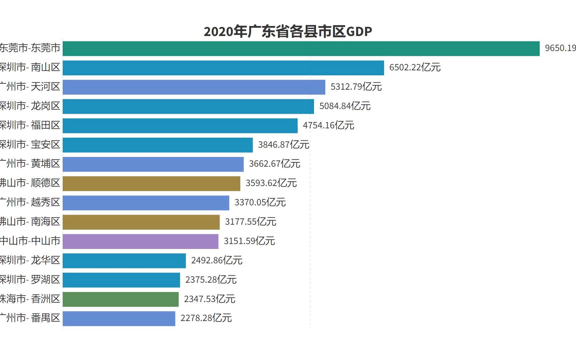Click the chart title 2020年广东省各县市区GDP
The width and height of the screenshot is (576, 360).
(288, 31)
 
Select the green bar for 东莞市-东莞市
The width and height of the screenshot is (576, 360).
(301, 49)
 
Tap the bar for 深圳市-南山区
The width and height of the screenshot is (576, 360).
(223, 68)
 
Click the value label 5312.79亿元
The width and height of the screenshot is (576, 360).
(356, 87)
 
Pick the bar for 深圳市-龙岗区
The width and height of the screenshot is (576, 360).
(188, 106)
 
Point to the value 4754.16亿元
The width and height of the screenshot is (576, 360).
(328, 125)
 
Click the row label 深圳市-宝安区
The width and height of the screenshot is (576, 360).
(30, 145)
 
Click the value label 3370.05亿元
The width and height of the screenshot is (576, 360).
(260, 202)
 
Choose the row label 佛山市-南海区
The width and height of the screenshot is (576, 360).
(30, 222)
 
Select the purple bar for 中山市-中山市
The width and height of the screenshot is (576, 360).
(140, 241)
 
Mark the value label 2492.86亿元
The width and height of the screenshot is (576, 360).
(217, 260)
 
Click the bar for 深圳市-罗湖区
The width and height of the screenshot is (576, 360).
(121, 280)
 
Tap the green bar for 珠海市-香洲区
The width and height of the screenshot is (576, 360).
(121, 299)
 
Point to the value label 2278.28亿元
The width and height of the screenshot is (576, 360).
(206, 318)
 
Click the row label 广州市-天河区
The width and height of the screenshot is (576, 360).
(30, 87)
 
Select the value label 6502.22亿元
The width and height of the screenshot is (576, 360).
(415, 67)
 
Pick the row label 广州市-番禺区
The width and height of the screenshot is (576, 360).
(30, 318)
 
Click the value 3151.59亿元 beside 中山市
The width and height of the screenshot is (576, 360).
(249, 241)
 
